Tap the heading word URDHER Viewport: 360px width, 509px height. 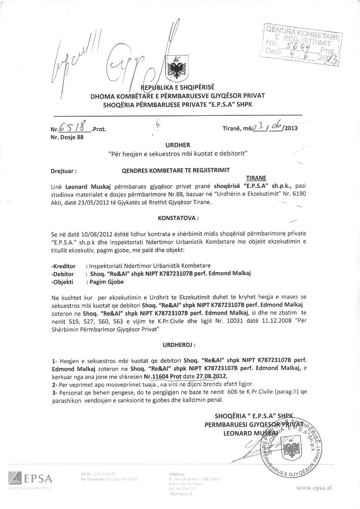178,145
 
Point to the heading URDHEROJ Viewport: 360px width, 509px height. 179,344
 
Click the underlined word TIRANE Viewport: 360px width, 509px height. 256,178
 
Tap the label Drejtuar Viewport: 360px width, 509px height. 64,171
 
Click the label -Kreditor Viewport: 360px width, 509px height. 64,266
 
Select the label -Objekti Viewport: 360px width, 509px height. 62,282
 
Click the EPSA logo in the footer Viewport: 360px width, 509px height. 30,479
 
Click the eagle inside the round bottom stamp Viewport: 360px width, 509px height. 291,450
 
